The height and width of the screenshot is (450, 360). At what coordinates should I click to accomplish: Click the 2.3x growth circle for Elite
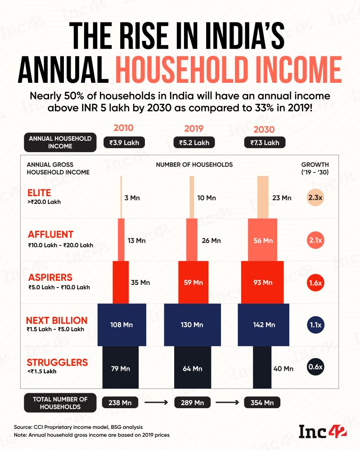click(315, 198)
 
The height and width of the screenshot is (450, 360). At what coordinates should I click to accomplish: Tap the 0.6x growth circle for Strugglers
click(315, 367)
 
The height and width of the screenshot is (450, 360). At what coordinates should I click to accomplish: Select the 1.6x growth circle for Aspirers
click(315, 283)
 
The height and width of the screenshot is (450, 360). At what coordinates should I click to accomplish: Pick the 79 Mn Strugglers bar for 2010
click(121, 368)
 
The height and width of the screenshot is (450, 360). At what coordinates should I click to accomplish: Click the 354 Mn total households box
click(262, 402)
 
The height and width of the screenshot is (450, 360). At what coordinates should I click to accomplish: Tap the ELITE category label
click(39, 193)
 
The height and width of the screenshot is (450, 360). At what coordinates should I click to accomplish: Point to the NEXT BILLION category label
click(57, 320)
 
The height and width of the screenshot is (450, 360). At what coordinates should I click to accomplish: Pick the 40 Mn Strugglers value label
click(283, 369)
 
